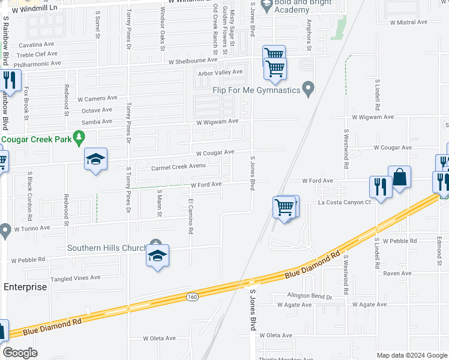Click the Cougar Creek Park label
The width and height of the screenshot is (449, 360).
click(34, 139)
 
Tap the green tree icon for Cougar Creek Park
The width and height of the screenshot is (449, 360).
click(78, 139)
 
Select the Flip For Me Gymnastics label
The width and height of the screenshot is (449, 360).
click(255, 90)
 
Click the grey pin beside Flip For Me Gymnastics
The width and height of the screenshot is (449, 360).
click(309, 89)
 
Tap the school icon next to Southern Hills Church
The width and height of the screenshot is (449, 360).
click(157, 256)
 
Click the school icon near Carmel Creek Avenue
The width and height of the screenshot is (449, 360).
click(95, 159)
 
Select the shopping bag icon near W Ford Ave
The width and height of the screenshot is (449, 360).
click(399, 177)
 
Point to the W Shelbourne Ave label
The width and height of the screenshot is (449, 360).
click(193, 61)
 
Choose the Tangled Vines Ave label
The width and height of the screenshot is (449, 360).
click(75, 278)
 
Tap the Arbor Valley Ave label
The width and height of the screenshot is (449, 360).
click(220, 72)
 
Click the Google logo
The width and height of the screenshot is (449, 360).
click(20, 353)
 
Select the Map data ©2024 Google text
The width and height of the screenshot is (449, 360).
click(412, 355)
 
